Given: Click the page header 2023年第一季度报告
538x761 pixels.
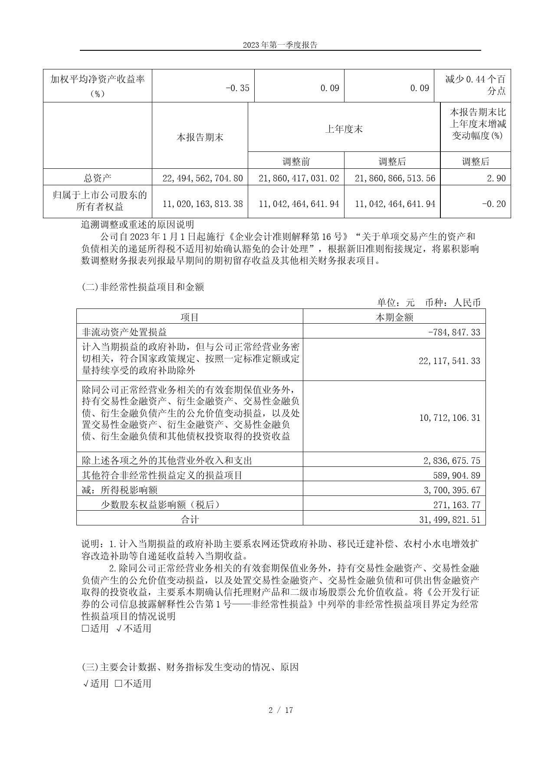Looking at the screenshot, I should (x=280, y=45).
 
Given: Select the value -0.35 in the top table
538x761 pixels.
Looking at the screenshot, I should (x=238, y=88).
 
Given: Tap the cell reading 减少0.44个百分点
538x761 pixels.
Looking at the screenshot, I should (x=476, y=85).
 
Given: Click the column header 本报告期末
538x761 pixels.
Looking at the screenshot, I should (x=200, y=138).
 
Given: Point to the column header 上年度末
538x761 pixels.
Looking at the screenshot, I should (x=344, y=129).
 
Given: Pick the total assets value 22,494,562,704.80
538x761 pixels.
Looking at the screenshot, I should (x=202, y=178).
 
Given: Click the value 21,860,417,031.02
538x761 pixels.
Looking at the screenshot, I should (x=299, y=178).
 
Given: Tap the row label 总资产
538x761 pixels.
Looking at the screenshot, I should (x=98, y=178).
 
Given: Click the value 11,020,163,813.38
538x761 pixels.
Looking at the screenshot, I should (x=202, y=204).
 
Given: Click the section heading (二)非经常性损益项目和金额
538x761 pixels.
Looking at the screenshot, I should (x=143, y=287).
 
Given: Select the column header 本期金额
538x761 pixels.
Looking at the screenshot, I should (x=394, y=317).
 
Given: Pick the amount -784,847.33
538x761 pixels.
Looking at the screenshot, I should (x=454, y=332).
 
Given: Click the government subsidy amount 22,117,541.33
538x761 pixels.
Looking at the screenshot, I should (x=449, y=361).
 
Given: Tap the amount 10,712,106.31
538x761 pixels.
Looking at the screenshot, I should (x=450, y=418).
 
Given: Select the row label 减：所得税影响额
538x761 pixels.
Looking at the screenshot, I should (x=120, y=490).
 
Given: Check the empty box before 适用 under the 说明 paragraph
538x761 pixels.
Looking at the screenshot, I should (x=85, y=628).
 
